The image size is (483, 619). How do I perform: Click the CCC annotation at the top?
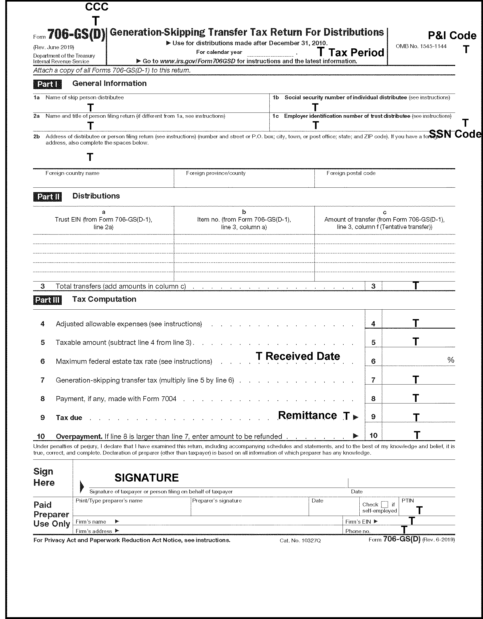point(97,7)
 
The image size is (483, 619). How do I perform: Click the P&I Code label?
point(452,36)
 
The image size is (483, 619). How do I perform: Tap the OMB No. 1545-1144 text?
point(421,46)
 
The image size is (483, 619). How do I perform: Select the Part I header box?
point(47,84)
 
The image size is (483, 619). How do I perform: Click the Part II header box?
point(47,197)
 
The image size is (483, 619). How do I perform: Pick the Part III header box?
point(47,300)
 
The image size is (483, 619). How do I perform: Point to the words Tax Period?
point(356,53)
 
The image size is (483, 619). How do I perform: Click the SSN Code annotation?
point(455,134)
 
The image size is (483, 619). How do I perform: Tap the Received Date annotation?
point(302,356)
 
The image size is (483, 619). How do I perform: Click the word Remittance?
point(307,415)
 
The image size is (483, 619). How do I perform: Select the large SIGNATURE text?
point(146,478)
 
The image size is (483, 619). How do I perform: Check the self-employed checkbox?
point(385,504)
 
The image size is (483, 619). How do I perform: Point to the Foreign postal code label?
point(351,173)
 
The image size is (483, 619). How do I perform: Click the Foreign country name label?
point(72,173)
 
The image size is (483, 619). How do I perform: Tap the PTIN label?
point(408,500)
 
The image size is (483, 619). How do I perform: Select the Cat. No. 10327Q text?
point(300,540)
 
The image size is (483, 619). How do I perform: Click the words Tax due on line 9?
point(69,417)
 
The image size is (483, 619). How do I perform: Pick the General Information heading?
point(109,83)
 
